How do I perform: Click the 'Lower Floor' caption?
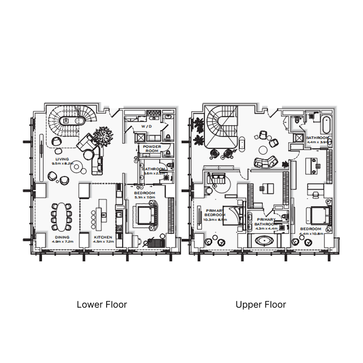coord(102,304)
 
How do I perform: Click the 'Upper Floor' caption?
coord(261,304)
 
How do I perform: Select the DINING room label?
coord(62,237)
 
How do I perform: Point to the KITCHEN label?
coord(103,237)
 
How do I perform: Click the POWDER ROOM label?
coord(152,149)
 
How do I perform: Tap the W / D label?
coord(147,126)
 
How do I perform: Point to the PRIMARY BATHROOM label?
coord(265,221)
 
